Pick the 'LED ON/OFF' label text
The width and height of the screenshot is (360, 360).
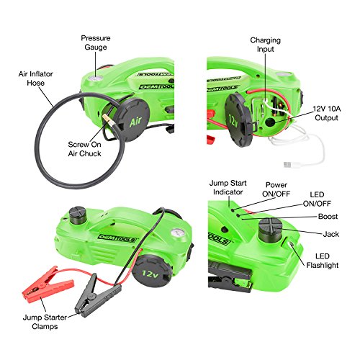tap(333, 199)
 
